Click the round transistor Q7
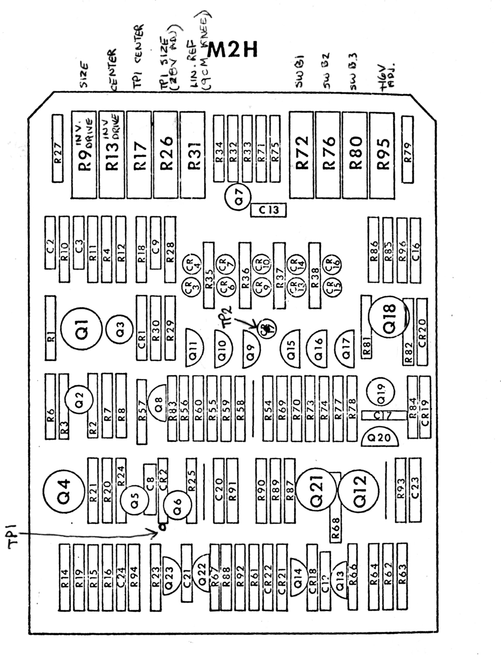tap(238, 196)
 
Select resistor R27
tap(58, 148)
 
